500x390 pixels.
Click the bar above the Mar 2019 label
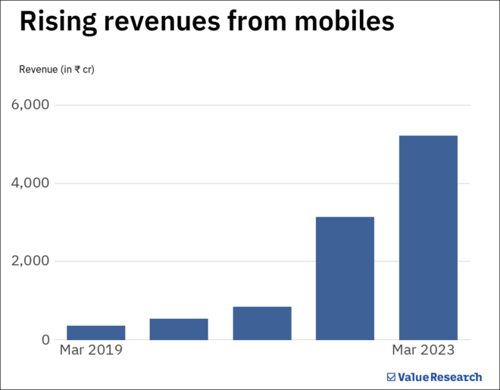click(x=95, y=332)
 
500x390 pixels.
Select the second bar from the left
click(x=179, y=329)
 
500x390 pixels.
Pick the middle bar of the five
click(x=262, y=323)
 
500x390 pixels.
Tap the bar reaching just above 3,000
click(x=345, y=278)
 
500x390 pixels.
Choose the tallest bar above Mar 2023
click(x=428, y=237)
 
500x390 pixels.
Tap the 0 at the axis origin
click(x=45, y=340)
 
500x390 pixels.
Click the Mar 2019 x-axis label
click(x=91, y=351)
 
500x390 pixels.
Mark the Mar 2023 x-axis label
click(x=423, y=351)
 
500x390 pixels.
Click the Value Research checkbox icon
click(x=391, y=376)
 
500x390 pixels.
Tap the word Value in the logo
click(x=414, y=376)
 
